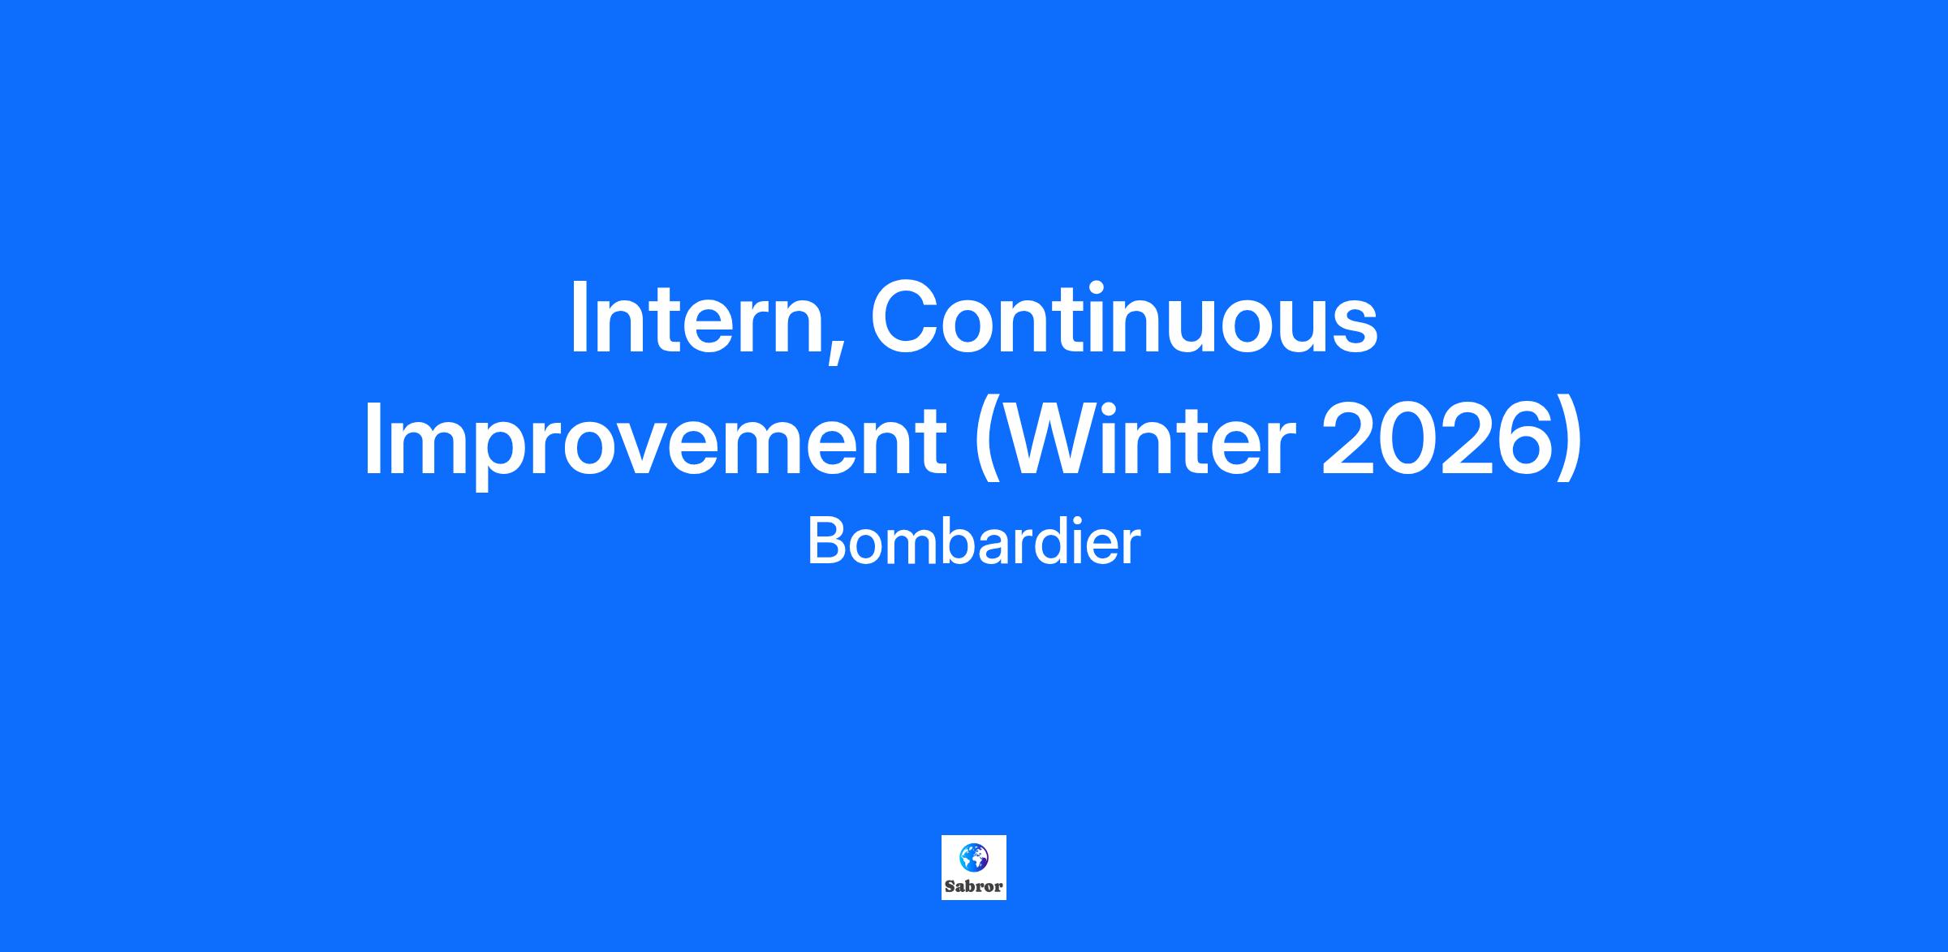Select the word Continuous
click(1124, 318)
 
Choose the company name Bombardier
click(974, 542)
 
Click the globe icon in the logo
click(974, 856)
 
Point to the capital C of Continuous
click(906, 317)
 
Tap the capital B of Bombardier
click(826, 541)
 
